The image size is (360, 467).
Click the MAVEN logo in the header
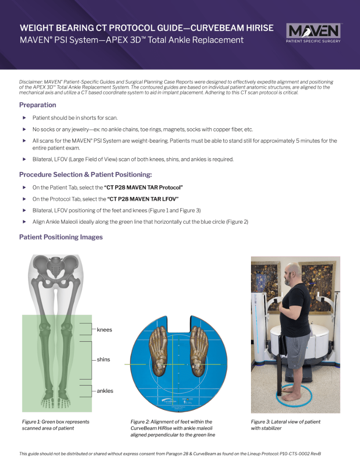(313, 33)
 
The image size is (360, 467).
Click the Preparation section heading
(37, 105)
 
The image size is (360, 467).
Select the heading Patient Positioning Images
(61, 237)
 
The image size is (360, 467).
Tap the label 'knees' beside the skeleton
(105, 330)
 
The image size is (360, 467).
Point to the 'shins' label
(103, 360)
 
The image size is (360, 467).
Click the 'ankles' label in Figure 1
(105, 391)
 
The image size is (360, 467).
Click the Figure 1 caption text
(55, 425)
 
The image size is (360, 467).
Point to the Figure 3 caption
(285, 425)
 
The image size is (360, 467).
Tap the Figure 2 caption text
(172, 428)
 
